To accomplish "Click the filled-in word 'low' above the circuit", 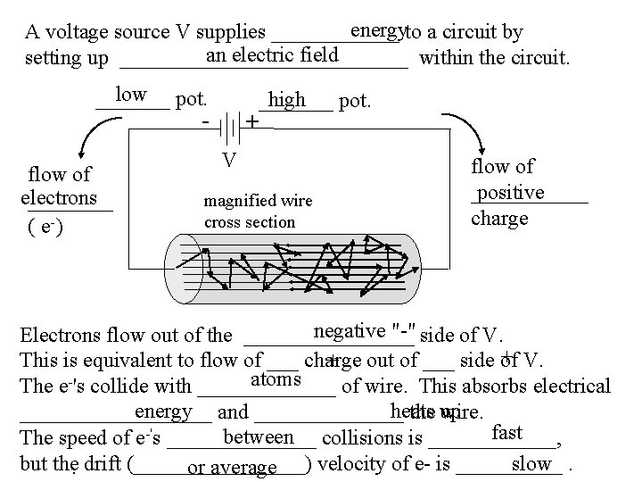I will (x=130, y=96).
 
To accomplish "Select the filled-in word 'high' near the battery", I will (x=286, y=100).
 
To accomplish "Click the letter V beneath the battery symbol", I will (x=229, y=160).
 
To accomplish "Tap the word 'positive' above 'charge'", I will (x=510, y=193).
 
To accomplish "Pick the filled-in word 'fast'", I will (x=506, y=432).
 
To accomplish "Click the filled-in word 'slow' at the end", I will (x=532, y=462).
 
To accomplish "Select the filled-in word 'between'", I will (x=259, y=437).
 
